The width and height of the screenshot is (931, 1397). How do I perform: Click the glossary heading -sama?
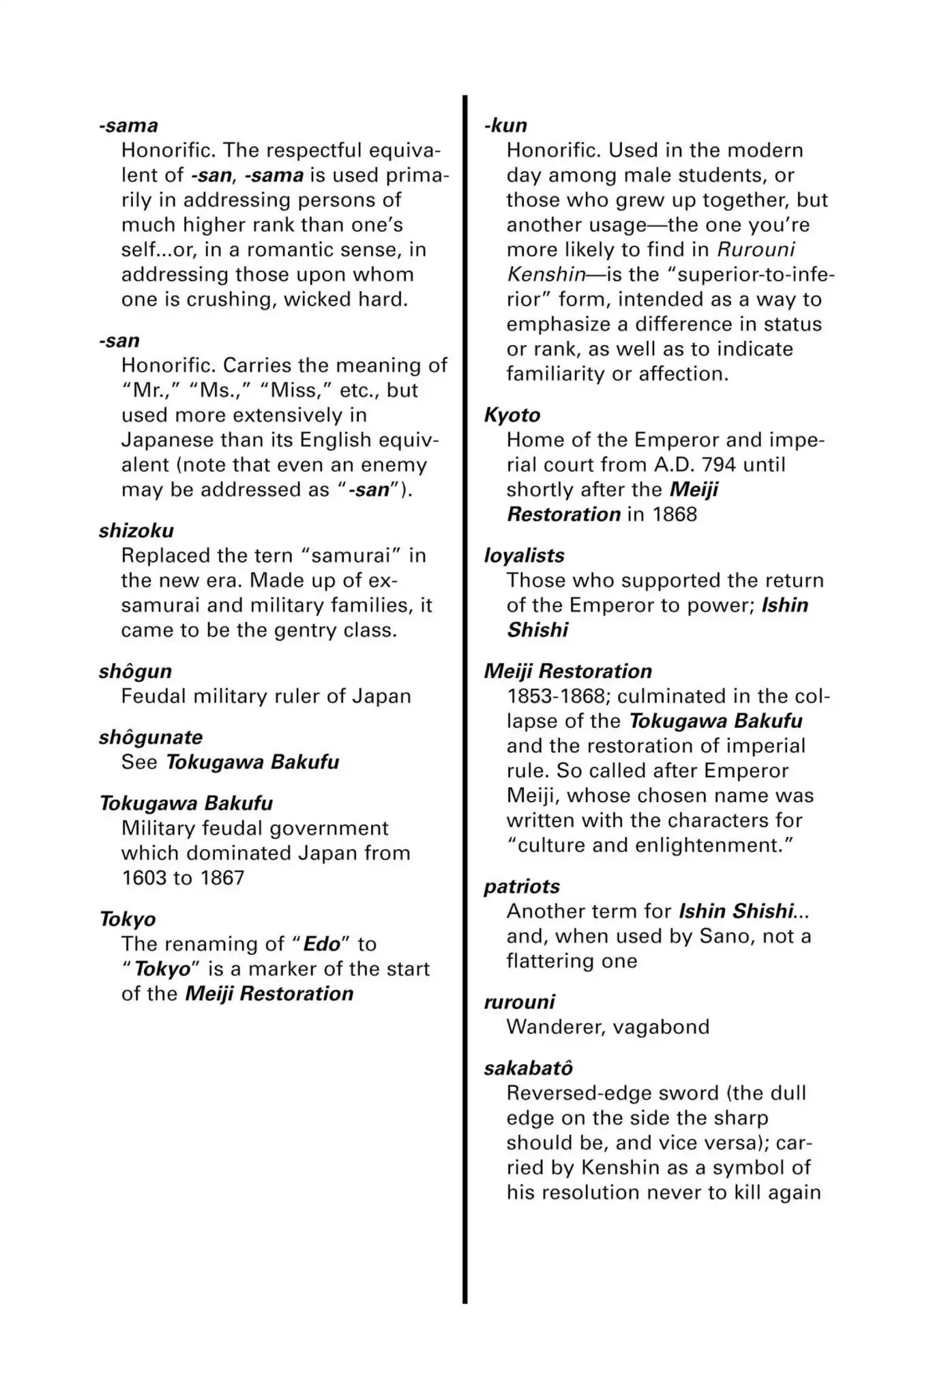pos(128,126)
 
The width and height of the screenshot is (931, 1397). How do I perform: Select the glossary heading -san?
pos(119,340)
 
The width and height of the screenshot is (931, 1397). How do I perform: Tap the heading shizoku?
pos(136,531)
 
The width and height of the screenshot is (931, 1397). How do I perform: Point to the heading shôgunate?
pos(151,737)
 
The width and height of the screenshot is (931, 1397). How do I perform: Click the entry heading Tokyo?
pos(128,920)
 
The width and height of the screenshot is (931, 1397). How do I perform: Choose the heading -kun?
pos(505,126)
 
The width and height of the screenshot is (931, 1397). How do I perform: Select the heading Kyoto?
pos(512,415)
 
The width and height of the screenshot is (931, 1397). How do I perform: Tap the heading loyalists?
pos(524,555)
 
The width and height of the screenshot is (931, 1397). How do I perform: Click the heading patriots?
pos(522,887)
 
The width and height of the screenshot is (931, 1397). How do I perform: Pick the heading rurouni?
pos(520,1002)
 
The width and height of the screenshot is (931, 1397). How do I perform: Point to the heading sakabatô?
pos(529,1068)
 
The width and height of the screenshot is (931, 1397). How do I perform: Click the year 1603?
pos(143,878)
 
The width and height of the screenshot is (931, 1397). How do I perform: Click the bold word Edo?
pos(321,944)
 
